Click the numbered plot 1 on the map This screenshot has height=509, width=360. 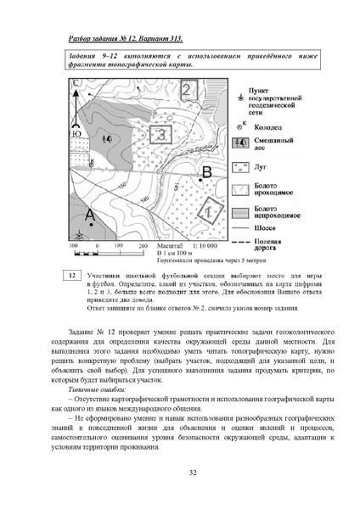click(204, 213)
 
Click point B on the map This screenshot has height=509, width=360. click(205, 172)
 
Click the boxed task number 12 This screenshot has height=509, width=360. click(73, 275)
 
